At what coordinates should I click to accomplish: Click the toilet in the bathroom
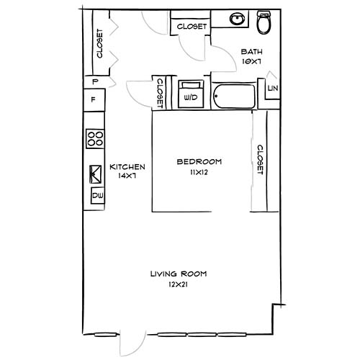pos(263,23)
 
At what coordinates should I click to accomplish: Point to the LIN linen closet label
pos(271,88)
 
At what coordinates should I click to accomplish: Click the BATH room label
pos(251,51)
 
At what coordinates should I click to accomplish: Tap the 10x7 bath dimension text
pos(251,62)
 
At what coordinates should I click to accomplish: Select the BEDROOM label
pos(199,161)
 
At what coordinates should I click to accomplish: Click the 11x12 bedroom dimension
pos(199,173)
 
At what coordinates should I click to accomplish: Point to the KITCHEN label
pos(127,166)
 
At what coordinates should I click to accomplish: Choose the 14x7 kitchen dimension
pos(127,177)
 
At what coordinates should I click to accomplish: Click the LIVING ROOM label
pos(179,274)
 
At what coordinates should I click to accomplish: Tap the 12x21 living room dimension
pos(179,285)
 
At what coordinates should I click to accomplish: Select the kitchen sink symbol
pos(94,174)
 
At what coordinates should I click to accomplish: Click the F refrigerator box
pos(94,99)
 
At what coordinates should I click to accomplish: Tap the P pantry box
pos(94,81)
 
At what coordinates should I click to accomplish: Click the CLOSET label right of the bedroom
pos(260,159)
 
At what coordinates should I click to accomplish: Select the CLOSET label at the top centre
pos(191,27)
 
